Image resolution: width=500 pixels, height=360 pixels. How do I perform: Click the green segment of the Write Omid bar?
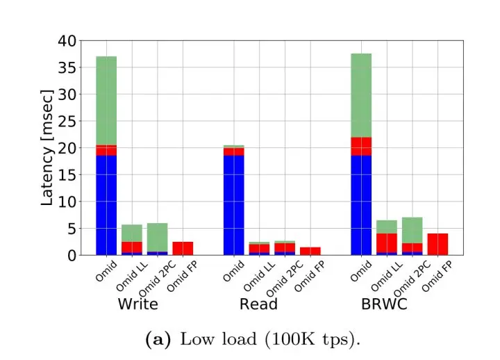(106, 100)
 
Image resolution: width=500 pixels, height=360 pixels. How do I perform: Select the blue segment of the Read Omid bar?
(234, 205)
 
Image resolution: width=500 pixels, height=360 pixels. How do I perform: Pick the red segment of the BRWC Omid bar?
(361, 146)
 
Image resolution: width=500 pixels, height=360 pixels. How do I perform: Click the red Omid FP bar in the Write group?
(183, 248)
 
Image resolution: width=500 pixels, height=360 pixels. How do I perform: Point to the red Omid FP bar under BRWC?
(437, 244)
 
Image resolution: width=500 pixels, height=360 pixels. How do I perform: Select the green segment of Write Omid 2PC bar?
(157, 237)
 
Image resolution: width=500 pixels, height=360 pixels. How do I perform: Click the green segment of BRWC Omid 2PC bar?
(412, 230)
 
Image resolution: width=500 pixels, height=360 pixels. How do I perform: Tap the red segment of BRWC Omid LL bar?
(387, 243)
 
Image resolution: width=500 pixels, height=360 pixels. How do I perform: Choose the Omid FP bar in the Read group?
(310, 251)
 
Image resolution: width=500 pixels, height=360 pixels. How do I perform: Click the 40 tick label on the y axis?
(66, 41)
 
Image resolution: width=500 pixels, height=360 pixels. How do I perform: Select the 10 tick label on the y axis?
(66, 202)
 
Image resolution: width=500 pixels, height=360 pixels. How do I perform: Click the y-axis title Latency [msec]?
(47, 147)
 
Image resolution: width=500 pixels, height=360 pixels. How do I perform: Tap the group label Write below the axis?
(137, 304)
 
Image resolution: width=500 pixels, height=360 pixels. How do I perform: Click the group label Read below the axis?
(258, 304)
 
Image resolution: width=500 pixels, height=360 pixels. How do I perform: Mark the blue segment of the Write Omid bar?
(106, 205)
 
